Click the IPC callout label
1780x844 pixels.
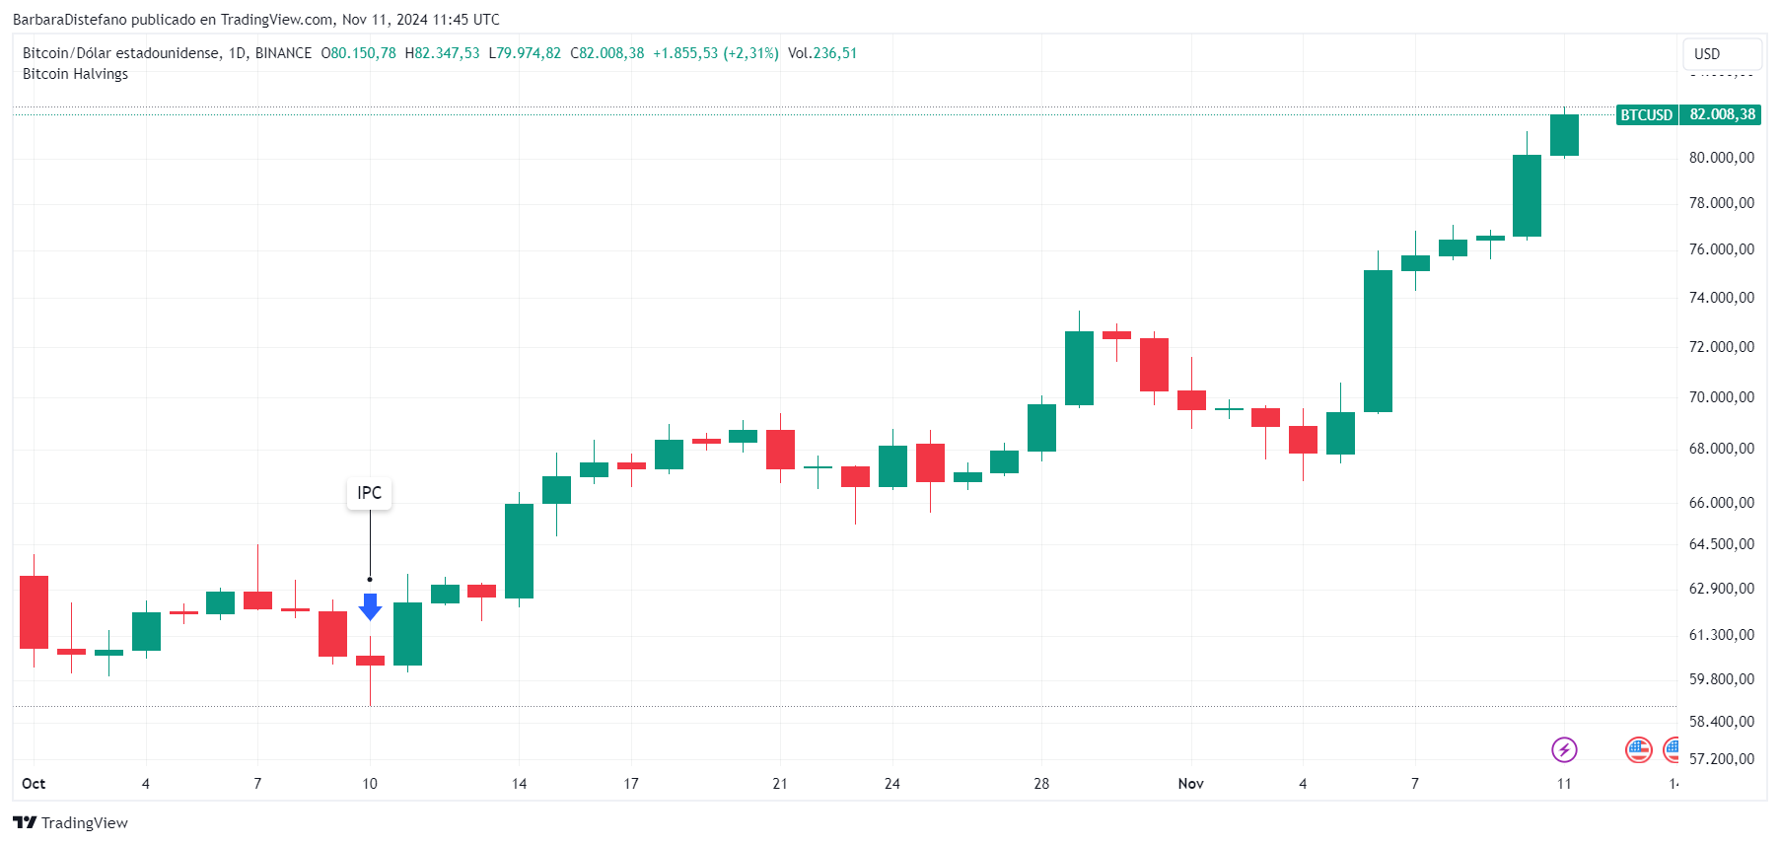click(x=369, y=493)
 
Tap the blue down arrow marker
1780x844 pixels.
click(x=370, y=606)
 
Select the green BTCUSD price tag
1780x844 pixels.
click(x=1646, y=115)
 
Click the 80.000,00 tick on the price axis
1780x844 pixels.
click(x=1721, y=158)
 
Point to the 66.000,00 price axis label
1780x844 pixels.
click(x=1721, y=503)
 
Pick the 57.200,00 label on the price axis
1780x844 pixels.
click(x=1721, y=759)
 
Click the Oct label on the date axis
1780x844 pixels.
click(x=34, y=784)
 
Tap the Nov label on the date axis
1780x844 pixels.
click(x=1190, y=784)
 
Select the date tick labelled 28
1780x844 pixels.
click(x=1041, y=784)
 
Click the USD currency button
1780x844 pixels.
click(x=1721, y=54)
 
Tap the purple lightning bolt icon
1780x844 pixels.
click(x=1564, y=750)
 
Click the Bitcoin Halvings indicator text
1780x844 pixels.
click(x=75, y=74)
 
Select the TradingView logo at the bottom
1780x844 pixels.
click(x=70, y=823)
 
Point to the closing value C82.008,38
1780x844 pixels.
click(x=607, y=53)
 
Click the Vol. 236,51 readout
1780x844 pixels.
click(x=822, y=53)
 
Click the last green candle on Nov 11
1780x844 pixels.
click(x=1564, y=135)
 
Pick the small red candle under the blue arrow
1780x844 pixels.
click(x=370, y=661)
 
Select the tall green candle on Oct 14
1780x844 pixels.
click(x=519, y=550)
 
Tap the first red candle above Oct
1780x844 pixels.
click(x=34, y=611)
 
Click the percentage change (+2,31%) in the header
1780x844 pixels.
click(x=750, y=53)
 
